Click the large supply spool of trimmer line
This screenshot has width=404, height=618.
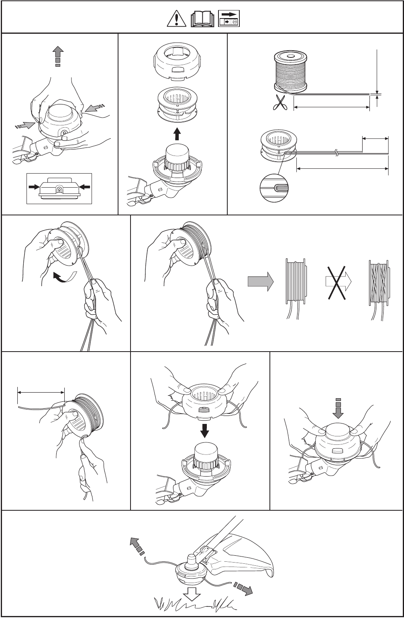coord(290,71)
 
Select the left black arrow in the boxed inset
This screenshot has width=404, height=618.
coord(35,187)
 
